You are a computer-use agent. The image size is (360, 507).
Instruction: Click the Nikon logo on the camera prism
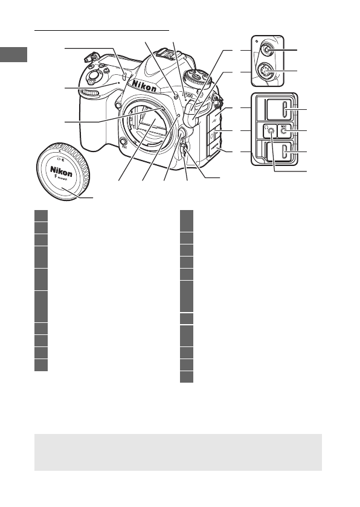(x=146, y=87)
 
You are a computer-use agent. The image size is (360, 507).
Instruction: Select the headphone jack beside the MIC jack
(x=269, y=132)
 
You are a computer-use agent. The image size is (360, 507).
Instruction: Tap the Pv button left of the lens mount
(x=123, y=142)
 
